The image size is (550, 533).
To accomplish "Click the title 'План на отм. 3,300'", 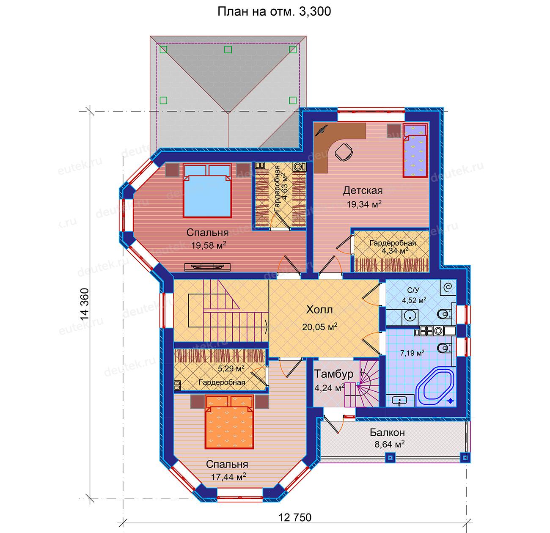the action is tap(274, 11).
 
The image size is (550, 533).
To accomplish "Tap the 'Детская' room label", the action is tap(363, 190).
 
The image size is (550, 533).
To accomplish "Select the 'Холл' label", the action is tap(319, 310).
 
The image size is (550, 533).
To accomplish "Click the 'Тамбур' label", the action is tap(333, 374).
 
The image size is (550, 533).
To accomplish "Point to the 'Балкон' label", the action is tap(387, 433).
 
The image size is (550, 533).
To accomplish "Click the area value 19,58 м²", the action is tap(209, 245).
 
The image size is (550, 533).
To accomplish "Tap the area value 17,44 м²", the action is tap(228, 477).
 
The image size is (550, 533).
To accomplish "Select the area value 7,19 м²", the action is tap(412, 353).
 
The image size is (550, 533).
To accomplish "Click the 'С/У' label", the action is tap(413, 290).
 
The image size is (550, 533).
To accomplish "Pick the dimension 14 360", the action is tap(85, 304).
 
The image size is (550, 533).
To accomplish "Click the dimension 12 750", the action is tap(295, 517).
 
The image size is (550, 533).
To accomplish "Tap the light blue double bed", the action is tap(207, 191).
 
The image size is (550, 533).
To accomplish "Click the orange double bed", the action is tap(229, 423).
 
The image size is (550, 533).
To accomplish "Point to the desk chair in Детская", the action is tap(344, 152).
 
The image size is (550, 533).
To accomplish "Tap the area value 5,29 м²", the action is tap(231, 368).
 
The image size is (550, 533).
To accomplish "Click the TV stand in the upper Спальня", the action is tap(207, 267).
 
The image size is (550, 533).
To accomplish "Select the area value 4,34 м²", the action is tap(395, 250).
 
